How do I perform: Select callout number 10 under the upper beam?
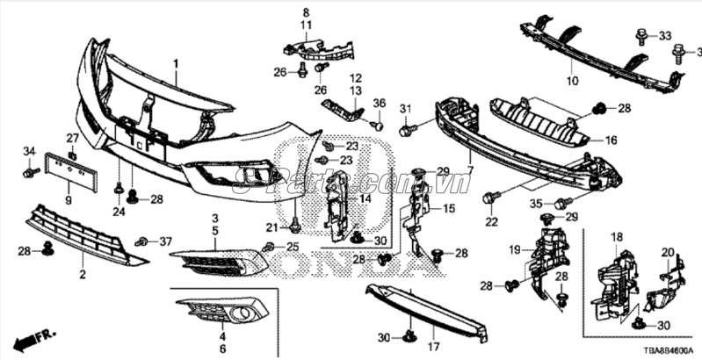(571, 81)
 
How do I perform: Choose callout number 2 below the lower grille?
(82, 275)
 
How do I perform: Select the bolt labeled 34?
(28, 172)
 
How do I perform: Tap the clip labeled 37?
(141, 241)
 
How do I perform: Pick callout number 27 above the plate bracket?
(73, 138)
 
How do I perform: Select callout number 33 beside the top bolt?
(664, 35)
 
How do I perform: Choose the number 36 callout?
(379, 104)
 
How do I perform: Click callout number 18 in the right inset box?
(616, 237)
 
